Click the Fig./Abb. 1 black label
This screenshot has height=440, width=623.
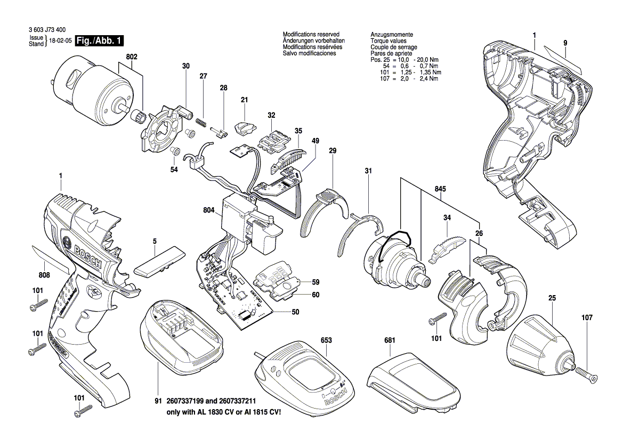click(x=99, y=41)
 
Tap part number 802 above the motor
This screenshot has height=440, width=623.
click(x=132, y=56)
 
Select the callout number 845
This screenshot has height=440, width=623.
click(x=440, y=189)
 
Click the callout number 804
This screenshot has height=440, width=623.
click(x=208, y=210)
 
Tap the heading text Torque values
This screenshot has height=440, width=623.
click(x=389, y=40)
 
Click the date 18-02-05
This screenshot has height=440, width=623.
click(x=60, y=41)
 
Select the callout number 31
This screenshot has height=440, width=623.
click(x=368, y=171)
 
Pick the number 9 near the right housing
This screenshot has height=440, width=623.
click(x=565, y=42)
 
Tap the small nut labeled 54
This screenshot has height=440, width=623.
click(x=174, y=152)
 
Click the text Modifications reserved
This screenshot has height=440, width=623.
click(x=311, y=34)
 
